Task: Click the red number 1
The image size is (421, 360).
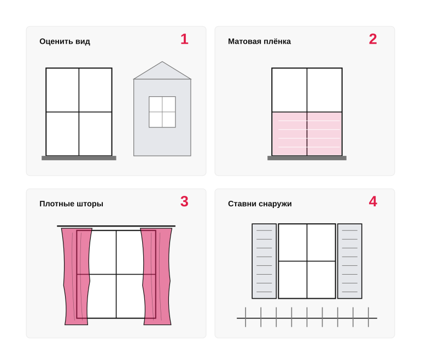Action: point(184,39)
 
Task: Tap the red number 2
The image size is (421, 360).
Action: point(373,39)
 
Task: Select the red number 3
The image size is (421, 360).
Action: point(184,201)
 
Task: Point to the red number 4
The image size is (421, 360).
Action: point(373,201)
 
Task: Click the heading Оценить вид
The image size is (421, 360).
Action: point(65,42)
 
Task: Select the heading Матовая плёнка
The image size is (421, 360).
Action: point(259,42)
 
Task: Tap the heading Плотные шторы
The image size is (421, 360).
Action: point(72,204)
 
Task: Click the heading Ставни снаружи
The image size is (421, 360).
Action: point(260,204)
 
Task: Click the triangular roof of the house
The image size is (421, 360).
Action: point(162,73)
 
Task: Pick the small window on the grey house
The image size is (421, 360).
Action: point(162,112)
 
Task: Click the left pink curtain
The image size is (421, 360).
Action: point(77,276)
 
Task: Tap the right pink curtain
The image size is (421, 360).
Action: point(156,276)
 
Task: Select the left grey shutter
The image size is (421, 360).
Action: point(264,261)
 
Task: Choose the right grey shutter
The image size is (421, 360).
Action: point(350,261)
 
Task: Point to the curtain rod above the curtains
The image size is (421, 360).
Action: point(116,226)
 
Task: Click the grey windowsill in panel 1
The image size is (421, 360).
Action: point(79,158)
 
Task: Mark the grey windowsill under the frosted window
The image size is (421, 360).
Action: point(307,158)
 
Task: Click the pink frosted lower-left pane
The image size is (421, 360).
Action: point(289,134)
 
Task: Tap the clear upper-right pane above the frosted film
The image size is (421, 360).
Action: point(324,90)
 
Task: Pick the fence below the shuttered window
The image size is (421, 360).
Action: point(307,318)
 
